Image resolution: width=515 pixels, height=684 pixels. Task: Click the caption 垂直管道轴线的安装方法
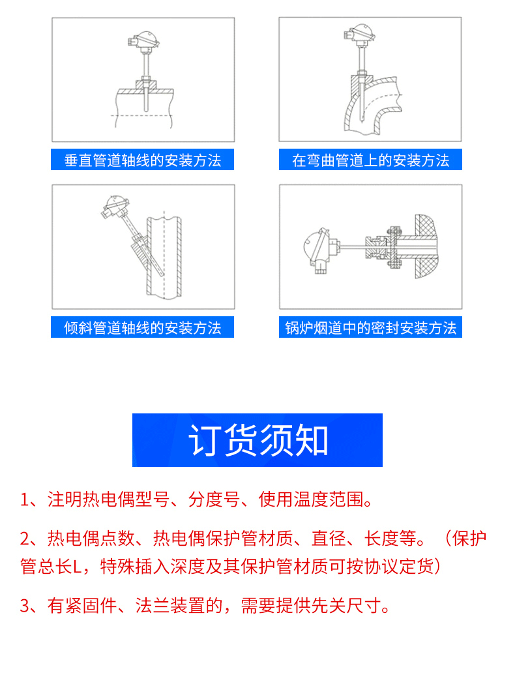[x=143, y=160]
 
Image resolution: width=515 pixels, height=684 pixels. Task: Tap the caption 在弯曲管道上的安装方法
[x=371, y=160]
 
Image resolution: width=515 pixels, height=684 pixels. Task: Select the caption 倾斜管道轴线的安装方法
[x=143, y=327]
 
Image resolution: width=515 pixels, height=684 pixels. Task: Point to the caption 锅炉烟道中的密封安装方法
[x=371, y=327]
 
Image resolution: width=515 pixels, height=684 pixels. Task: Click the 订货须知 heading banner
[x=257, y=439]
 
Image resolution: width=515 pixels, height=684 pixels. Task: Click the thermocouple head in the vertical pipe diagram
[x=143, y=40]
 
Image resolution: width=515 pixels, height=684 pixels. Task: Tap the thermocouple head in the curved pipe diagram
[x=359, y=33]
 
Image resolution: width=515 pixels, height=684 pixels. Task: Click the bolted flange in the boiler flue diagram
[x=394, y=247]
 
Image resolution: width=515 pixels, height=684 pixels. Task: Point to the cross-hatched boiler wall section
[x=426, y=246]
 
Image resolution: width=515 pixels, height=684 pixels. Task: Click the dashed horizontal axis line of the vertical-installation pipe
[x=141, y=115]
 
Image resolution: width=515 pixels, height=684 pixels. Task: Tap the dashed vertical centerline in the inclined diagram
[x=164, y=254]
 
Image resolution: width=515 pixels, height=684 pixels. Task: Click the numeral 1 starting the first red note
[x=24, y=500]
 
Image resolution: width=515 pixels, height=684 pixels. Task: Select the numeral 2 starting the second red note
[x=25, y=539]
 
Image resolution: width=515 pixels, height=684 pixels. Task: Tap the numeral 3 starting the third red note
[x=25, y=606]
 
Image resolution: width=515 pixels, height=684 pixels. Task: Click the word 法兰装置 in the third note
[x=170, y=606]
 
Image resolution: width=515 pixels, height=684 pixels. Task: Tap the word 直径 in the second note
[x=329, y=539]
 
